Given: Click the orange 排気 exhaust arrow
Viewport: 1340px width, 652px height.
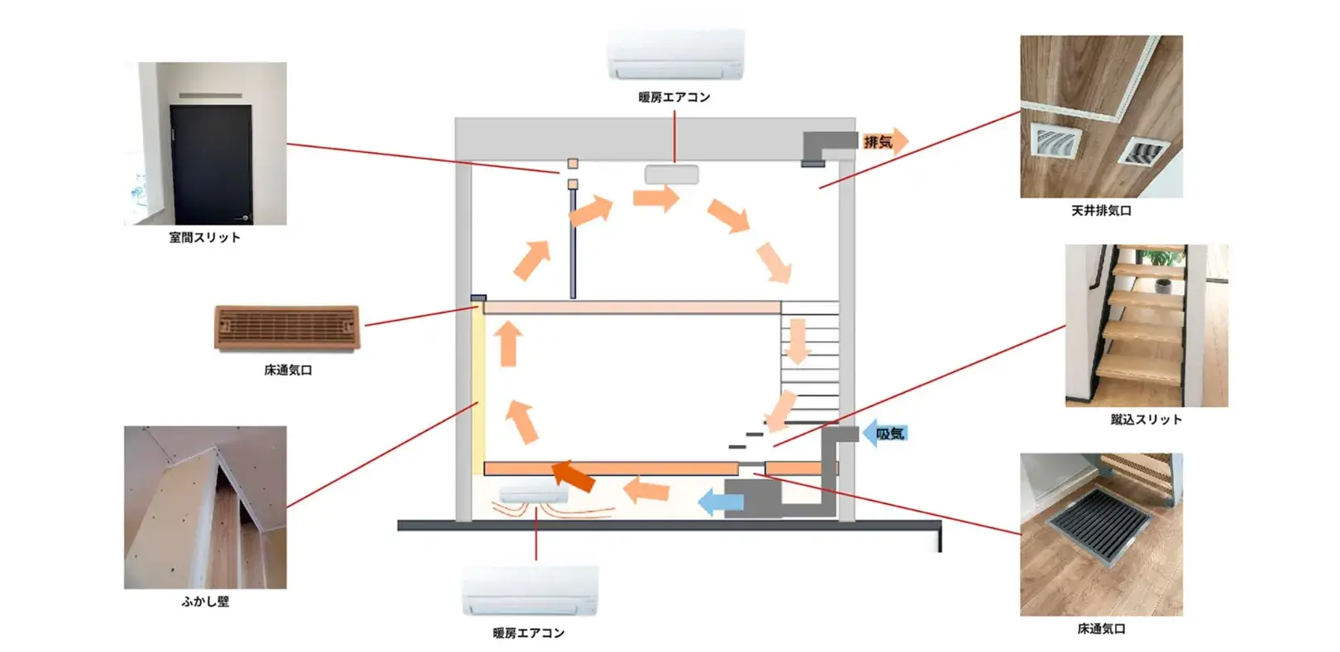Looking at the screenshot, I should (885, 142).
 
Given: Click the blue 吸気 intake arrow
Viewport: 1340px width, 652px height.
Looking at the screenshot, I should (885, 433).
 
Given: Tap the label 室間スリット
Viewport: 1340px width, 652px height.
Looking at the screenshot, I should (204, 238).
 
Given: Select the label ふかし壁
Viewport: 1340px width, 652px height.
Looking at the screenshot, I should (205, 601).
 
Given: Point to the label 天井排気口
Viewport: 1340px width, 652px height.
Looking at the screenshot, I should (1101, 211).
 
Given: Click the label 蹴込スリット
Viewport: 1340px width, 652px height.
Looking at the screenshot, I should (1146, 419).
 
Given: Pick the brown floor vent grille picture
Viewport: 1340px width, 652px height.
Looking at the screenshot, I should (287, 328).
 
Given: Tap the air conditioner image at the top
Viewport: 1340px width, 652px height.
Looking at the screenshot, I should (675, 55).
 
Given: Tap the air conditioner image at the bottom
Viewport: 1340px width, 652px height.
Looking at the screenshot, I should (530, 592).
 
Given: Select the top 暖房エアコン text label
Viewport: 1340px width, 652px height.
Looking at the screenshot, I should (674, 97).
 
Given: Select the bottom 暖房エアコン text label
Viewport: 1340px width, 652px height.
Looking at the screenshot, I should (529, 633).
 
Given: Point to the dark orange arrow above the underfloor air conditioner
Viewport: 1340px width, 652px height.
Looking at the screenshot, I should (574, 474).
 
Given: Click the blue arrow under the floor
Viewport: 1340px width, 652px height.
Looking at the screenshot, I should (720, 502).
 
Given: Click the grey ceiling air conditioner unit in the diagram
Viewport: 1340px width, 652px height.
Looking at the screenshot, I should (672, 174).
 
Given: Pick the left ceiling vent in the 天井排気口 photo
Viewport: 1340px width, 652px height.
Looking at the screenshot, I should (1054, 142).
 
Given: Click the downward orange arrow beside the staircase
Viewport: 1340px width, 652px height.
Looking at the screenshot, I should (797, 341).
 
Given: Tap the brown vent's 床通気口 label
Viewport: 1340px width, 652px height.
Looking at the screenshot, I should (288, 370).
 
